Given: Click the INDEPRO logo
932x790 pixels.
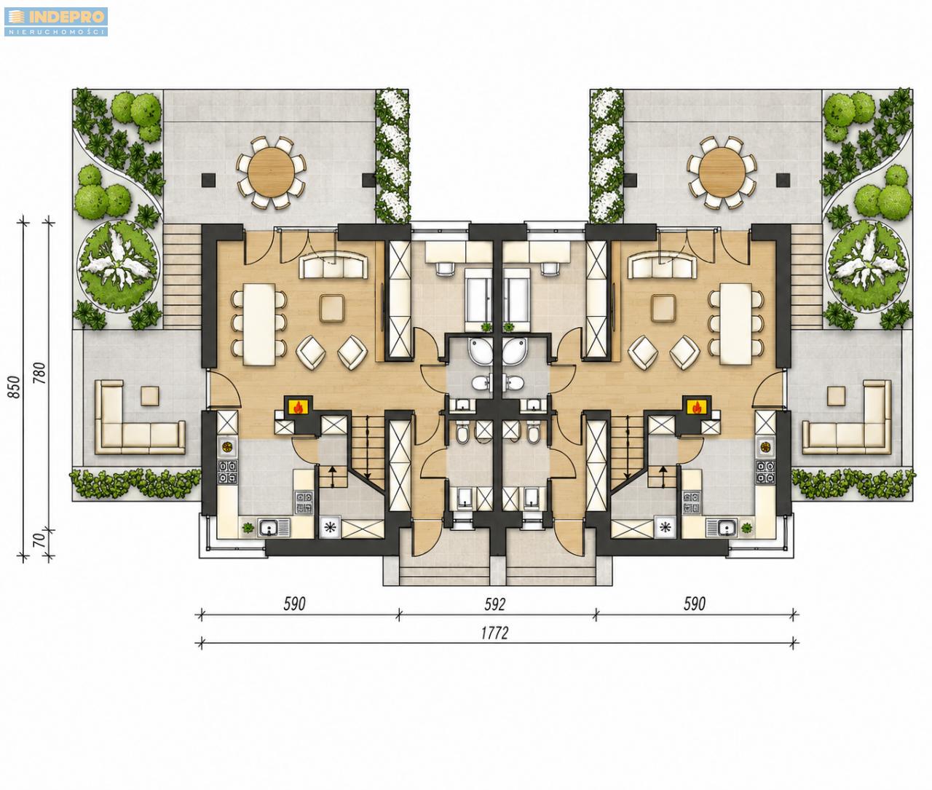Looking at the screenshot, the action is click(56, 21).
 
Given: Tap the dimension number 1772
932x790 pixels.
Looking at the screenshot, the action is click(494, 633).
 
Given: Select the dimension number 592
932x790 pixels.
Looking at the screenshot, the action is click(494, 604).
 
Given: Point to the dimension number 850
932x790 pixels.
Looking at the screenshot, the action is click(15, 387).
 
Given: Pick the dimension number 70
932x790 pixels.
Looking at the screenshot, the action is click(40, 540).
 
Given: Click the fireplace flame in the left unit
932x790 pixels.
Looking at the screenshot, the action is click(298, 407).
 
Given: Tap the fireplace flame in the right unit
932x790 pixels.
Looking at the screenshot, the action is click(697, 407).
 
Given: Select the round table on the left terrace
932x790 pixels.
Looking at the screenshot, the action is click(272, 172).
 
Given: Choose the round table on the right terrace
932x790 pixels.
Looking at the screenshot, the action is click(722, 172).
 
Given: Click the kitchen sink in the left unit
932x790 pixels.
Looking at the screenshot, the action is click(275, 527).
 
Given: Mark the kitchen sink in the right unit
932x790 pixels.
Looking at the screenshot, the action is click(722, 527).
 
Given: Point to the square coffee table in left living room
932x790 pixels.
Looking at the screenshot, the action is click(333, 308).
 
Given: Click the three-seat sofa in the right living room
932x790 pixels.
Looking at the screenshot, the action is click(662, 266).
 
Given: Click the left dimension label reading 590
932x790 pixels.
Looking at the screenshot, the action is click(294, 604).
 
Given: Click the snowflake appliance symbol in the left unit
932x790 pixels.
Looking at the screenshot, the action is click(330, 527).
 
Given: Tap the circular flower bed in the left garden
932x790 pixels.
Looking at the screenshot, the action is click(119, 267).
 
